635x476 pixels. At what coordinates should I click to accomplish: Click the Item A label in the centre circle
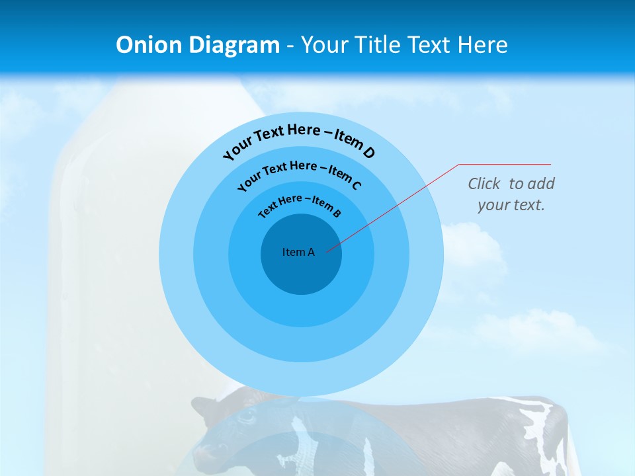coord(298,252)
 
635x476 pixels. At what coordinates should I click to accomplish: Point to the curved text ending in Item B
coord(299,204)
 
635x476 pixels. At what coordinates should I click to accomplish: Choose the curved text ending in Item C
coord(299,173)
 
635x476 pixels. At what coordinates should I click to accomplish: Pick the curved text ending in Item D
coord(298,138)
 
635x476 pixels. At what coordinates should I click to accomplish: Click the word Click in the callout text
coord(484,184)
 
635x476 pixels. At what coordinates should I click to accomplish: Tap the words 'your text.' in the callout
coord(511,205)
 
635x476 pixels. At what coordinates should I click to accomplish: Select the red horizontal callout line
coord(505,164)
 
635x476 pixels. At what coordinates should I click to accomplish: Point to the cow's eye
coord(246,416)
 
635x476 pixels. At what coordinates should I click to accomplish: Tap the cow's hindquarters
coord(542,423)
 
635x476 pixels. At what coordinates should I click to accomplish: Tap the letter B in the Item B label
coord(337,213)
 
